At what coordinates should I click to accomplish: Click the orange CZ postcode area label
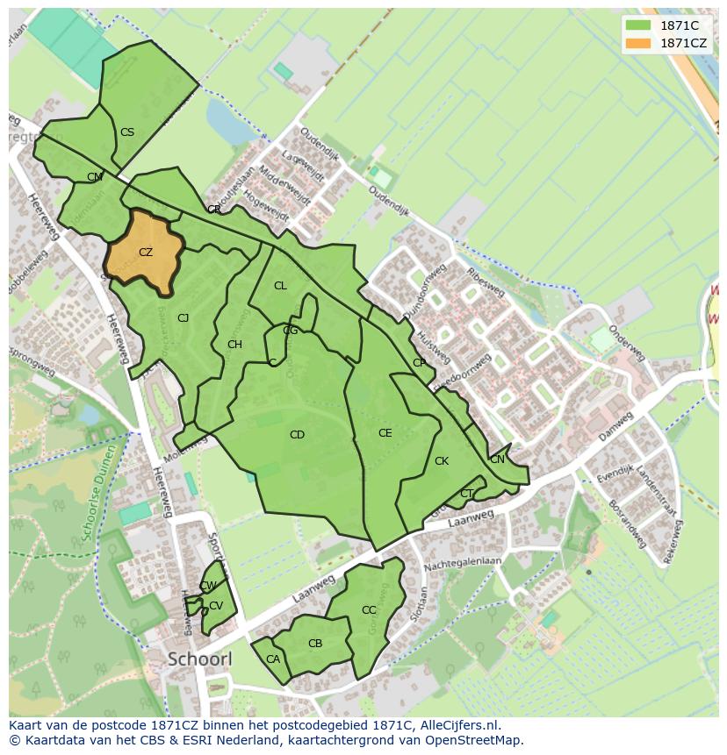(x=146, y=253)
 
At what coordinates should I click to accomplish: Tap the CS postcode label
(x=127, y=132)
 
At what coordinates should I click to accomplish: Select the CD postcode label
(x=297, y=435)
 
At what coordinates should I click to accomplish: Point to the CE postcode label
(x=385, y=433)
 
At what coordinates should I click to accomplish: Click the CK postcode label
(x=442, y=461)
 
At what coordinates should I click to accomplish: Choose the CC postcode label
(x=369, y=610)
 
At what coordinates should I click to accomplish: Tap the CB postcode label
(x=315, y=644)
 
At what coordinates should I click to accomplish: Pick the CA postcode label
(x=273, y=659)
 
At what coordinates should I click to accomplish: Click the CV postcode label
(x=216, y=606)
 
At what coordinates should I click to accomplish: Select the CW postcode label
(x=208, y=586)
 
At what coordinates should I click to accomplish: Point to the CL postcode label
(x=280, y=286)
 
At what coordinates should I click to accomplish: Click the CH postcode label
(x=234, y=345)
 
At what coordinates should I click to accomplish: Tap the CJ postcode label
(x=184, y=318)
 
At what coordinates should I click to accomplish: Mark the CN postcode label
(x=497, y=459)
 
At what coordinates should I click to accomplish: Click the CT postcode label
(x=466, y=494)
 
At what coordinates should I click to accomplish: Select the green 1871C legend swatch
(x=638, y=25)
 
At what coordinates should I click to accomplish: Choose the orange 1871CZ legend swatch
(x=638, y=43)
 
